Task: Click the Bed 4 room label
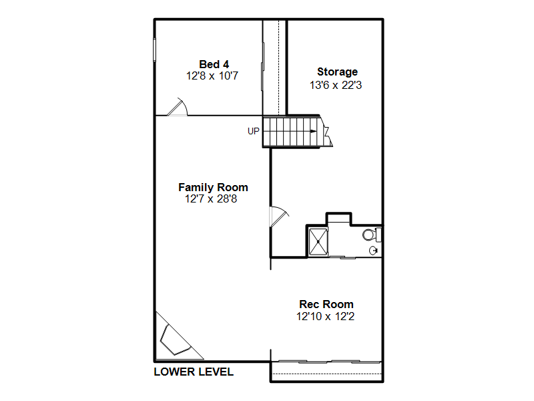pos(214,64)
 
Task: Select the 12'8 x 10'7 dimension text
pos(212,76)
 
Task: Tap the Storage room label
pos(337,72)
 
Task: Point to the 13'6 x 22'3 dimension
pos(336,85)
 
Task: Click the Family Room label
pos(213,188)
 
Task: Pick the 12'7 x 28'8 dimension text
pos(211,198)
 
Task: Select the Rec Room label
pos(326,304)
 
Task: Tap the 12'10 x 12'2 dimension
pos(325,316)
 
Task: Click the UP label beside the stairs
pos(254,131)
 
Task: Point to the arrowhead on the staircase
pos(314,131)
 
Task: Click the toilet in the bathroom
pos(371,235)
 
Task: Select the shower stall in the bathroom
pos(318,241)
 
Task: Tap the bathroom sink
pos(374,251)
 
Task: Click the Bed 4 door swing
pos(177,107)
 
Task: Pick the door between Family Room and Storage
pos(278,216)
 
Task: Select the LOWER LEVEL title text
pos(194,372)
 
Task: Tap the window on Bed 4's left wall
pos(154,49)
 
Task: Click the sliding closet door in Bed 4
pos(262,66)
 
